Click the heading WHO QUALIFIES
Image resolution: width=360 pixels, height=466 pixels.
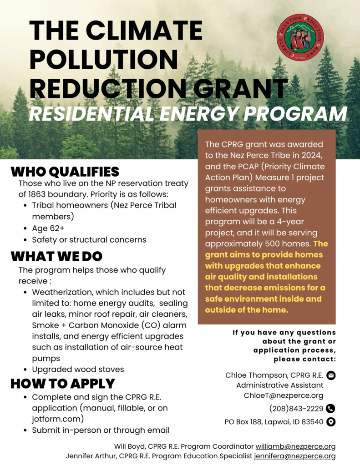tap(65, 172)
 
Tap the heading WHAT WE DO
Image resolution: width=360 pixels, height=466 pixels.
tap(56, 256)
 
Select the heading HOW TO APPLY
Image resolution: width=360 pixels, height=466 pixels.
tap(63, 383)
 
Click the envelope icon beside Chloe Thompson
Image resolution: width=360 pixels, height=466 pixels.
tap(331, 375)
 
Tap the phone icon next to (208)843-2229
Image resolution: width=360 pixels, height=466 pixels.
tap(331, 408)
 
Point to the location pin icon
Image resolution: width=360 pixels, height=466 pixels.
tap(331, 422)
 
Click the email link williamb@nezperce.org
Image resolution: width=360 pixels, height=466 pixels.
tap(295, 446)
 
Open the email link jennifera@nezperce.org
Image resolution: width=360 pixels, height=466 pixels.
tap(295, 456)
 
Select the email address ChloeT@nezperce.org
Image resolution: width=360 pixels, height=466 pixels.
tap(284, 395)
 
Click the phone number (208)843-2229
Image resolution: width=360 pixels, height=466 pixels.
tap(296, 408)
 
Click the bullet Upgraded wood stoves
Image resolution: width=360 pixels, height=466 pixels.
tap(78, 369)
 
